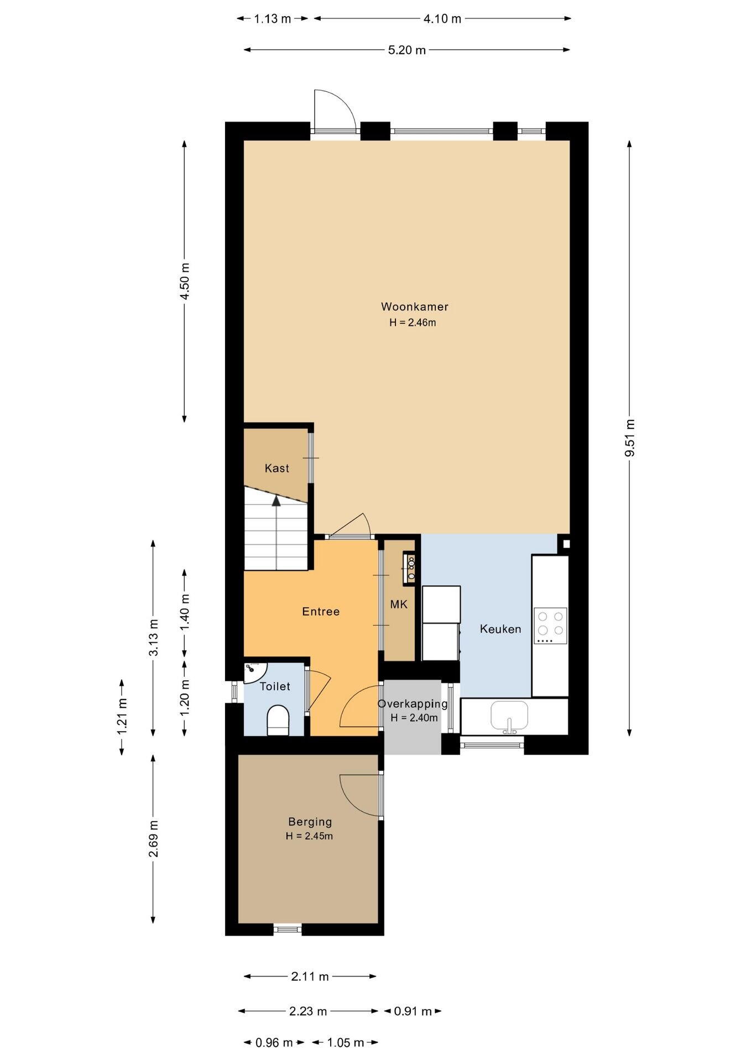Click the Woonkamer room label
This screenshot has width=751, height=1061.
point(414,307)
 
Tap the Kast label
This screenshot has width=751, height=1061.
point(277,468)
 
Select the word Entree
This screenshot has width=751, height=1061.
point(321,611)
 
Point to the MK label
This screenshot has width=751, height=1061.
point(399,605)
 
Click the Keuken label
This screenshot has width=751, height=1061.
point(500,629)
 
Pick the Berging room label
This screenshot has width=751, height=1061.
point(310,822)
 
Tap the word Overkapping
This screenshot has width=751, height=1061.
point(413,704)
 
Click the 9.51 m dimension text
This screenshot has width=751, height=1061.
point(629,438)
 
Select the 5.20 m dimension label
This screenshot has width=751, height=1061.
point(407,50)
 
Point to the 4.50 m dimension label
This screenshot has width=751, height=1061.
point(185,281)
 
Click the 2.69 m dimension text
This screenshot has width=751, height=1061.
point(153,839)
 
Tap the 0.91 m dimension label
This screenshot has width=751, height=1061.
point(413,1011)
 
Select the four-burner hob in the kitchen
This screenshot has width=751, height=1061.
point(550,626)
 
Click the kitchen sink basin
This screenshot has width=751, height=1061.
point(509,715)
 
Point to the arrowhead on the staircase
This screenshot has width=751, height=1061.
point(276,501)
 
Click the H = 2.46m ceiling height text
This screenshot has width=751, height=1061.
point(413,323)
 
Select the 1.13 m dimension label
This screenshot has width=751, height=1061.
point(273,19)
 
